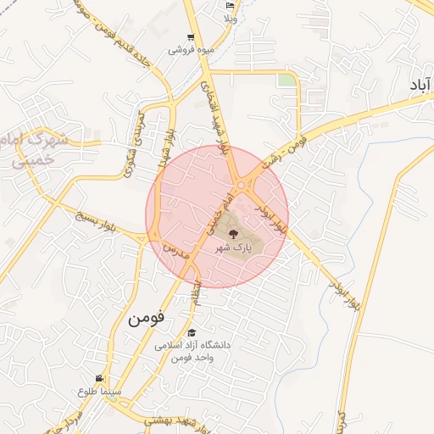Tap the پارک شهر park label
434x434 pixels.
[234, 248]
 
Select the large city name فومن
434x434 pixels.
[147, 320]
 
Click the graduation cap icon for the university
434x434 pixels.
[192, 333]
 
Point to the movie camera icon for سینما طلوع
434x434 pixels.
[101, 378]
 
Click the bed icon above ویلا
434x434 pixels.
[230, 5]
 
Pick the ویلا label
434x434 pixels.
[231, 18]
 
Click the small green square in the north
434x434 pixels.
[288, 80]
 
